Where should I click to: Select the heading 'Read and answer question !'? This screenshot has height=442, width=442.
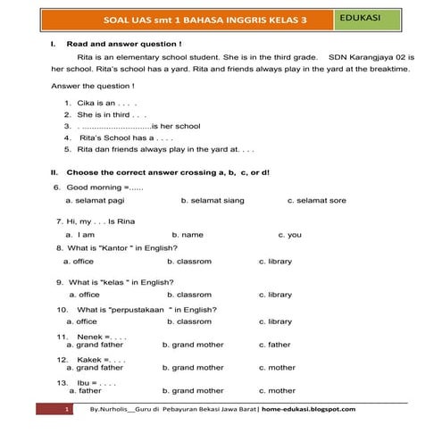click(x=124, y=43)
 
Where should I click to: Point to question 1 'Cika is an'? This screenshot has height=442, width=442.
click(x=104, y=103)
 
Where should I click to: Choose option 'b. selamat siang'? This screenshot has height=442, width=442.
click(x=212, y=201)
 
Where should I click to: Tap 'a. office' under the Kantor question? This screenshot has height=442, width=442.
click(x=79, y=262)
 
